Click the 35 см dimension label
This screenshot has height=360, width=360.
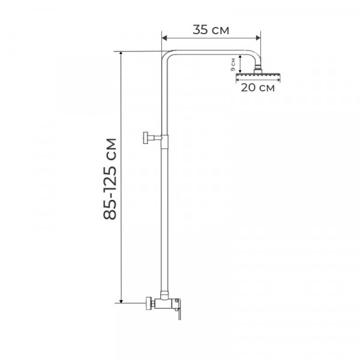click(x=211, y=30)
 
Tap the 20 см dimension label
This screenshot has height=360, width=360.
click(x=257, y=88)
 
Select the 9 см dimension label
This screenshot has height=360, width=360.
click(x=233, y=64)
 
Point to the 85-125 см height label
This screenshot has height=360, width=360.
click(x=110, y=179)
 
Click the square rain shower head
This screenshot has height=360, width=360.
click(x=258, y=75)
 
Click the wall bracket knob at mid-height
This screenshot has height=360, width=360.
click(x=146, y=138)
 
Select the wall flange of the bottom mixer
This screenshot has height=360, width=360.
click(x=149, y=303)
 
